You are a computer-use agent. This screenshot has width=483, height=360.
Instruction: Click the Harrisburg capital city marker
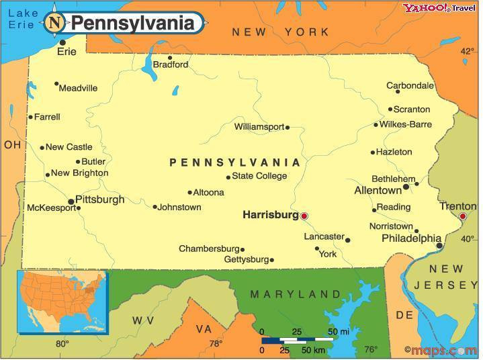pos(304,216)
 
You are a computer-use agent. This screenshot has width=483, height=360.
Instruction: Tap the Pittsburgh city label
pos(99,199)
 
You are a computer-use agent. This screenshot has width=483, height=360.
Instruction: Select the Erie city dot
pos(62,42)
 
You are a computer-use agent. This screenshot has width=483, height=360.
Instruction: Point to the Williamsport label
pos(259,126)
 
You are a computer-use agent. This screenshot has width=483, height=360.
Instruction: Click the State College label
pos(259,176)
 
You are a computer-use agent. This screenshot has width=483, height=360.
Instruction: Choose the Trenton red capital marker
pos(462,216)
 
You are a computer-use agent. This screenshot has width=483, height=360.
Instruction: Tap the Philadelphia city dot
pos(439,246)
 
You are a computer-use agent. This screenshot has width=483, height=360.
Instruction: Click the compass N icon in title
pos(55,24)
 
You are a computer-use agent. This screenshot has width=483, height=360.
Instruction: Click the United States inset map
pos(62,301)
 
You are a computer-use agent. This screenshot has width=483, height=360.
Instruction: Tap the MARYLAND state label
pos(296,294)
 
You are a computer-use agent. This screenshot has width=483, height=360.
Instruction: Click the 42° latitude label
pos(467,51)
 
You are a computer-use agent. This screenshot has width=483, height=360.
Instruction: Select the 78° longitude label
pos(216,344)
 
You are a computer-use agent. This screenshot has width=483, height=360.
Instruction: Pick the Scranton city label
pos(412,109)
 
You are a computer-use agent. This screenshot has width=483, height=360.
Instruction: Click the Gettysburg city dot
pos(271,260)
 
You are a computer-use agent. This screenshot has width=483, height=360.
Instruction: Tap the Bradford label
pos(171,65)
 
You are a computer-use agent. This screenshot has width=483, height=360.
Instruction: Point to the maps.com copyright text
pos(440,350)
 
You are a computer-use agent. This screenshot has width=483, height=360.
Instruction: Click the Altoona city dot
pos(189,192)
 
